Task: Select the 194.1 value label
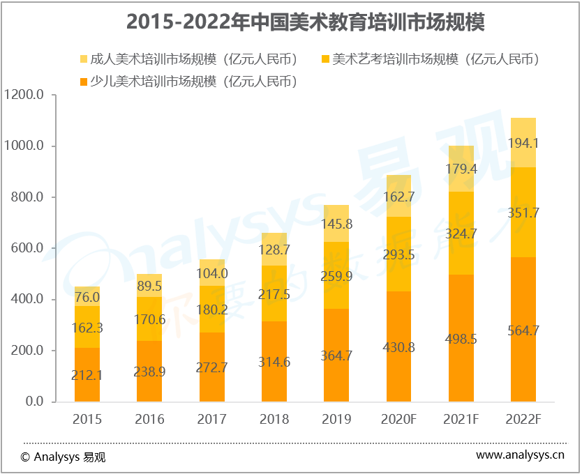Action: pyautogui.click(x=523, y=144)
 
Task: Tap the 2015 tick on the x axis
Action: pyautogui.click(x=87, y=419)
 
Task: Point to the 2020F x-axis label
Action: pyautogui.click(x=399, y=419)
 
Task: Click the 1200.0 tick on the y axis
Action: pyautogui.click(x=24, y=95)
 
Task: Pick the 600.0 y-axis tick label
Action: pyautogui.click(x=27, y=248)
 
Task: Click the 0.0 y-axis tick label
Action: pyautogui.click(x=33, y=402)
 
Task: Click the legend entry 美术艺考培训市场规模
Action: pyautogui.click(x=431, y=59)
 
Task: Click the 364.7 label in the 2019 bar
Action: pyautogui.click(x=336, y=355)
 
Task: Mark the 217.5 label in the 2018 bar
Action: pyautogui.click(x=274, y=295)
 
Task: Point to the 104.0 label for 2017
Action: pyautogui.click(x=212, y=273)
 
